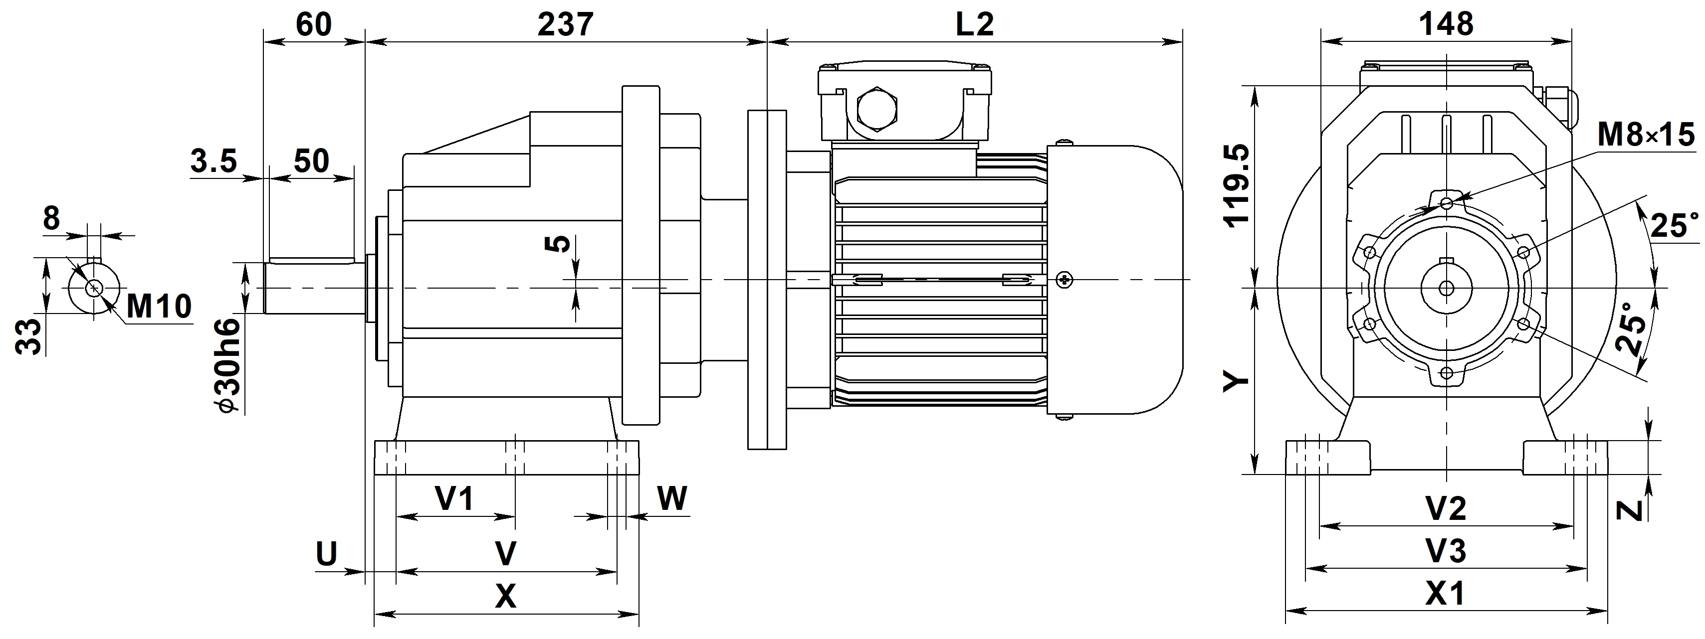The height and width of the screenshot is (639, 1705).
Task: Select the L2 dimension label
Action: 974,25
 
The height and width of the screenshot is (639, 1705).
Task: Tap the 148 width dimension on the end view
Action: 1446,24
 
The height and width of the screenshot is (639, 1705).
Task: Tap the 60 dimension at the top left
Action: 313,25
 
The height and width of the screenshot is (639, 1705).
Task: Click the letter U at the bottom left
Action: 326,554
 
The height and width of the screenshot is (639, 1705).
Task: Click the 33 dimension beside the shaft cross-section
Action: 28,337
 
